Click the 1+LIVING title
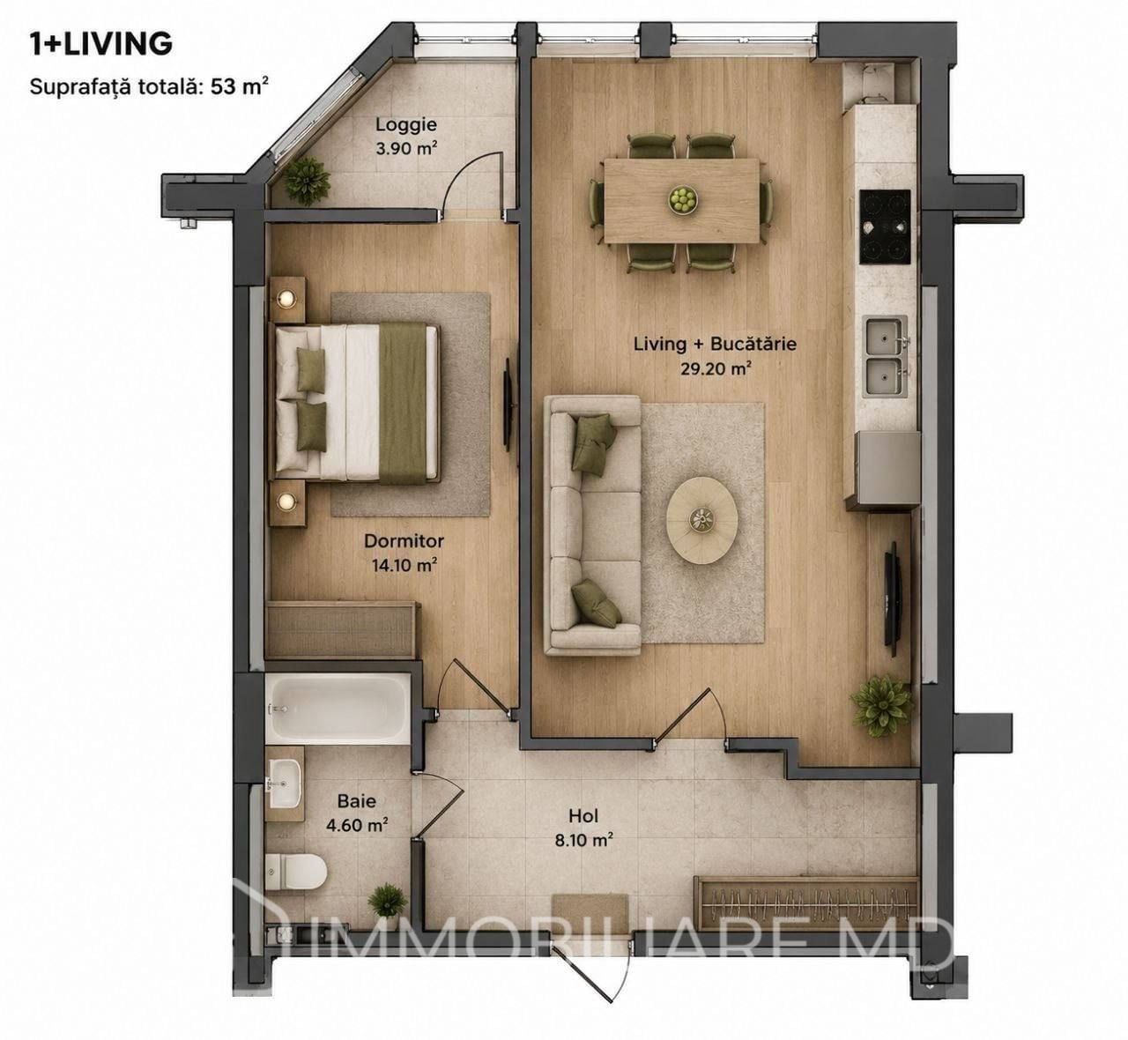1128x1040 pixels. [101, 44]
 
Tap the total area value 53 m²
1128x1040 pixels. [240, 87]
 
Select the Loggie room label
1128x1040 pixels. [406, 124]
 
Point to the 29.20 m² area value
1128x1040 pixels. [716, 368]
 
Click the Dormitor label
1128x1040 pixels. [404, 540]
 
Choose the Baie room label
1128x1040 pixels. [357, 801]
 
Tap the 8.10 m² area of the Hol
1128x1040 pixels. [584, 839]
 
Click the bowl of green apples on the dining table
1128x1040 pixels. [682, 200]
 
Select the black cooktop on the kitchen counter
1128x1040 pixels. [885, 227]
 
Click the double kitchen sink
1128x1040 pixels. [885, 356]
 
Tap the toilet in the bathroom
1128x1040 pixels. [296, 871]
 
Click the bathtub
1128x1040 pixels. [338, 708]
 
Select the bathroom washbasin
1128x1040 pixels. [285, 784]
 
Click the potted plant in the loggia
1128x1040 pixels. [306, 181]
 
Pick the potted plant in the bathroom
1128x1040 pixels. [388, 901]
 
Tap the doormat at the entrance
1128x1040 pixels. [590, 914]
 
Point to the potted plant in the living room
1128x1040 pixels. [882, 706]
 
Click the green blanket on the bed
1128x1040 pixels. [403, 403]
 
